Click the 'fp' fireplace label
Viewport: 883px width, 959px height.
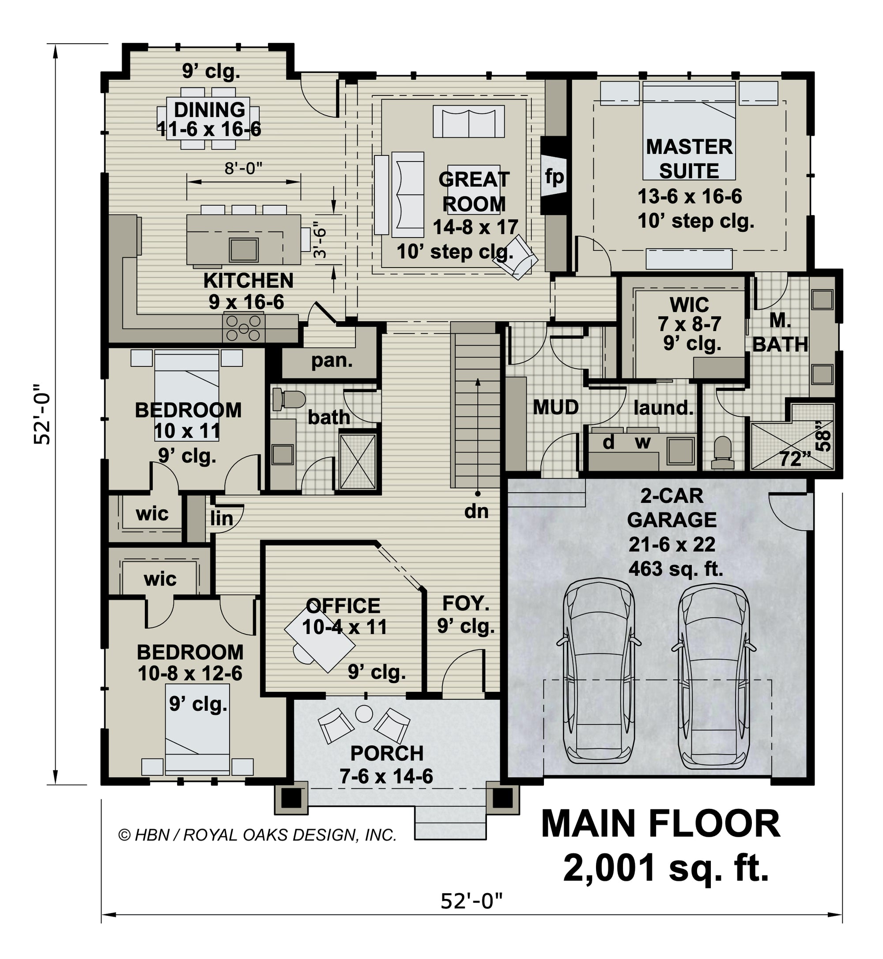pyautogui.click(x=554, y=177)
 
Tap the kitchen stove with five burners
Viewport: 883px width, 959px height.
pyautogui.click(x=244, y=328)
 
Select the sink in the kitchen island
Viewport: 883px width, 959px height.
pyautogui.click(x=244, y=249)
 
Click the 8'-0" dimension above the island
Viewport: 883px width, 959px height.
pyautogui.click(x=244, y=168)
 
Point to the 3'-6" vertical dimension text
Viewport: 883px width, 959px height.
pyautogui.click(x=320, y=242)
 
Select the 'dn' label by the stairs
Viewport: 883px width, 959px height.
pyautogui.click(x=476, y=512)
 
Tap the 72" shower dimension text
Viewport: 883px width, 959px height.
pyautogui.click(x=795, y=459)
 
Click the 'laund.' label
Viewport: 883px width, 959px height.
pyautogui.click(x=663, y=408)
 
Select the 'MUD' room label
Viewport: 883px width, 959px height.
pyautogui.click(x=556, y=408)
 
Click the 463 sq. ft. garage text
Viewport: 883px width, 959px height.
pyautogui.click(x=675, y=569)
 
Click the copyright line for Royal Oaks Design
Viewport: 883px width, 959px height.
pyautogui.click(x=257, y=835)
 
